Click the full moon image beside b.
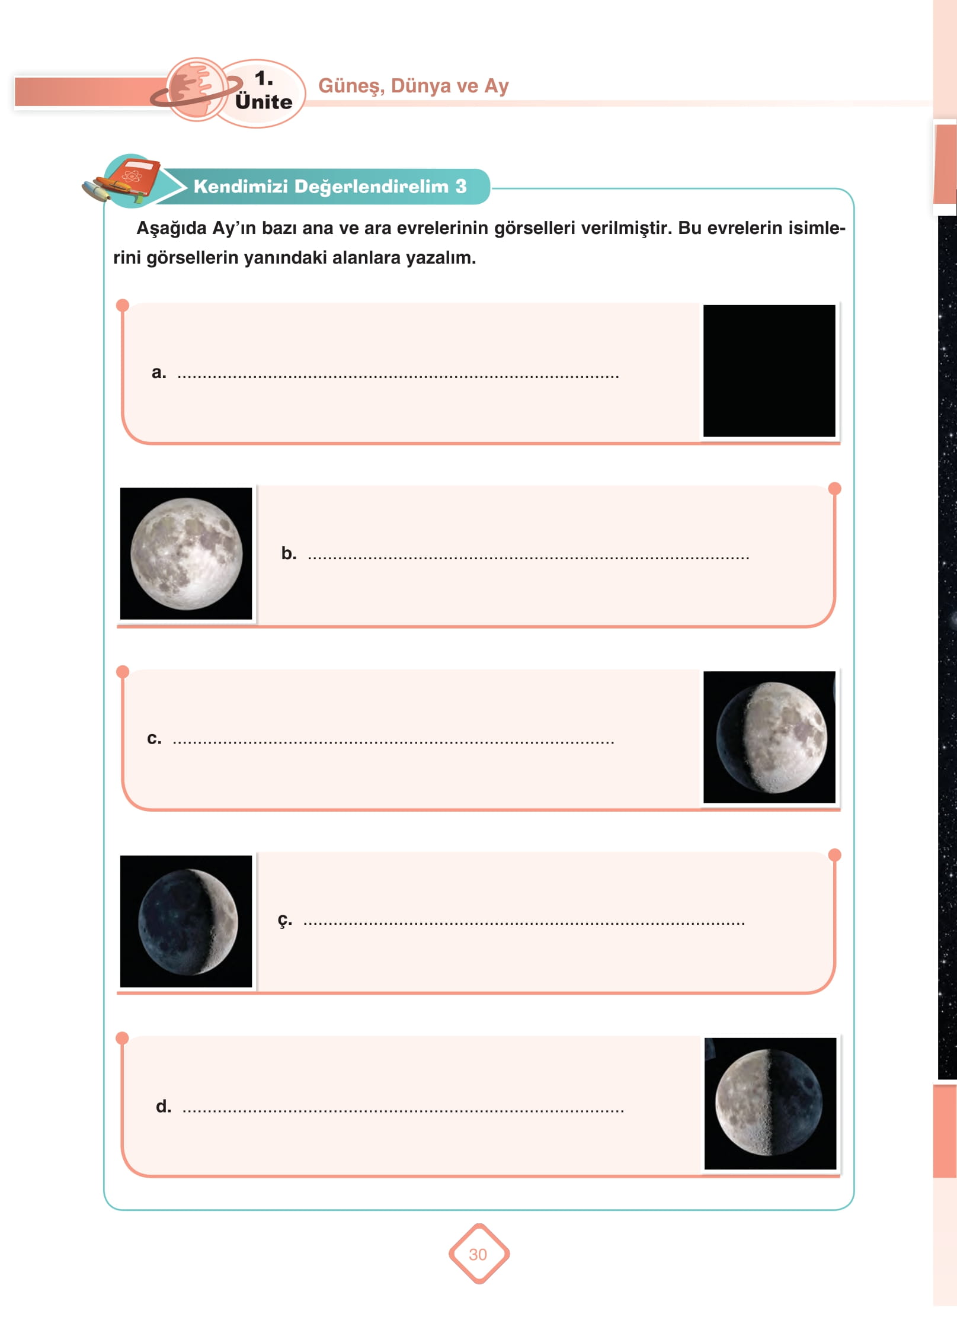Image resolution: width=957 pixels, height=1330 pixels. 186,553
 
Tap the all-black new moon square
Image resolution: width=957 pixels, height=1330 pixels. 769,371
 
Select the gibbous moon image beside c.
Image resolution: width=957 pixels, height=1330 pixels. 769,737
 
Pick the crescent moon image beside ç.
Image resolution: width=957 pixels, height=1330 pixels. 186,921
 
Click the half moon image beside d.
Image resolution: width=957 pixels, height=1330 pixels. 770,1103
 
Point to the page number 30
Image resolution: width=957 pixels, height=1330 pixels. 478,1254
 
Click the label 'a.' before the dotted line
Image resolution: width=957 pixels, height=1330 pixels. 159,373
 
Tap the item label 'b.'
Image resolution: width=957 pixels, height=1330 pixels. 289,553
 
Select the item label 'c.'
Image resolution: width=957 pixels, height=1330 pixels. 154,738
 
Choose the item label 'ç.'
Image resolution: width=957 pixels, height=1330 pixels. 285,920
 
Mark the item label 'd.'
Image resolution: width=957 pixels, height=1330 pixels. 164,1106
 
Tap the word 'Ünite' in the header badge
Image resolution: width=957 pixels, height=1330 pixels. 264,101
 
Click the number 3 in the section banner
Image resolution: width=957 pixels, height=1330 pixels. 461,186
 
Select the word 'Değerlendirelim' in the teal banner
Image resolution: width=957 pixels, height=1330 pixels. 372,187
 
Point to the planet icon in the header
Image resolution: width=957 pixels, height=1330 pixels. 196,90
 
